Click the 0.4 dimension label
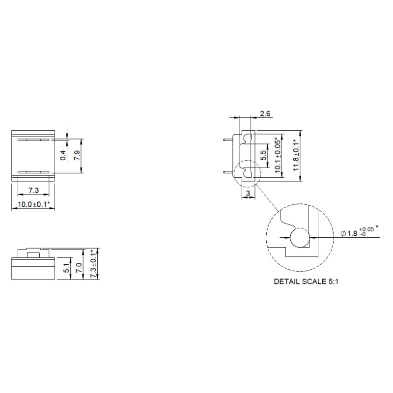(x=63, y=156)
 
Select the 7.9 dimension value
(x=77, y=156)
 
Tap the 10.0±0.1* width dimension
(x=32, y=204)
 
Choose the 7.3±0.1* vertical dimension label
(x=93, y=265)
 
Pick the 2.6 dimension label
(x=265, y=114)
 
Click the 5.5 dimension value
(x=263, y=156)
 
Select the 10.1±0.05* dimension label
(x=278, y=155)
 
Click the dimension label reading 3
(x=249, y=194)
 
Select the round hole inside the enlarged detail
(x=299, y=238)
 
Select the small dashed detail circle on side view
(x=245, y=172)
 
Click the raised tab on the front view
(x=33, y=254)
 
